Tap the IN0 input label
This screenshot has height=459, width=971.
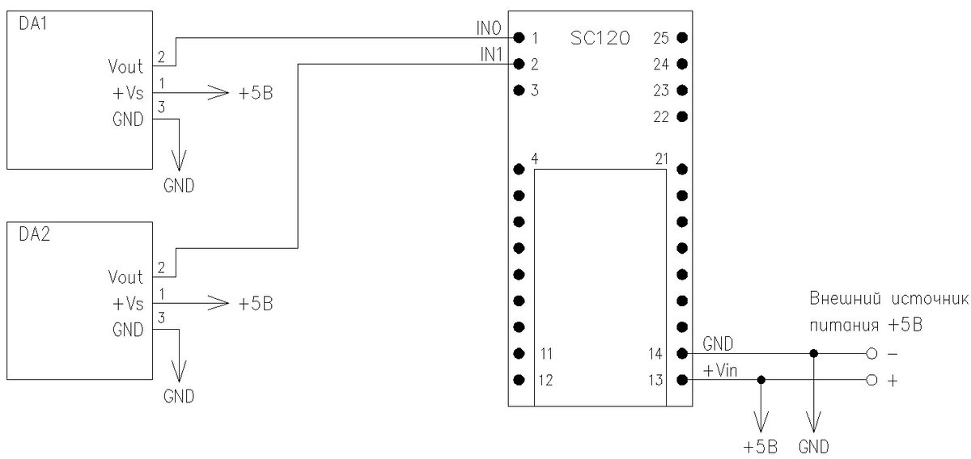(489, 29)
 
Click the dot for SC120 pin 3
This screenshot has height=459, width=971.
(519, 90)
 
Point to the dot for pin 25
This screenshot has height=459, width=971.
(682, 37)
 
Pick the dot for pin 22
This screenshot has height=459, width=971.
(682, 116)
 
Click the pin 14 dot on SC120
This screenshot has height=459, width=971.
(682, 353)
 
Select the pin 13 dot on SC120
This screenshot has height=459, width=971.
(682, 380)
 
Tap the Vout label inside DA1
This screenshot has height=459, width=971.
(125, 65)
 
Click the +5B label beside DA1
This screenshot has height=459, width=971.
(256, 93)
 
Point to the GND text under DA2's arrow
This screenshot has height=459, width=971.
(179, 397)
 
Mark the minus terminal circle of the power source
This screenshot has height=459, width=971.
(871, 353)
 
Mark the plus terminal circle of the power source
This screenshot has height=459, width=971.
(871, 380)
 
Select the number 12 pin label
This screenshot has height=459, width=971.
(546, 381)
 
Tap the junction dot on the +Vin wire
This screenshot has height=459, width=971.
(761, 380)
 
